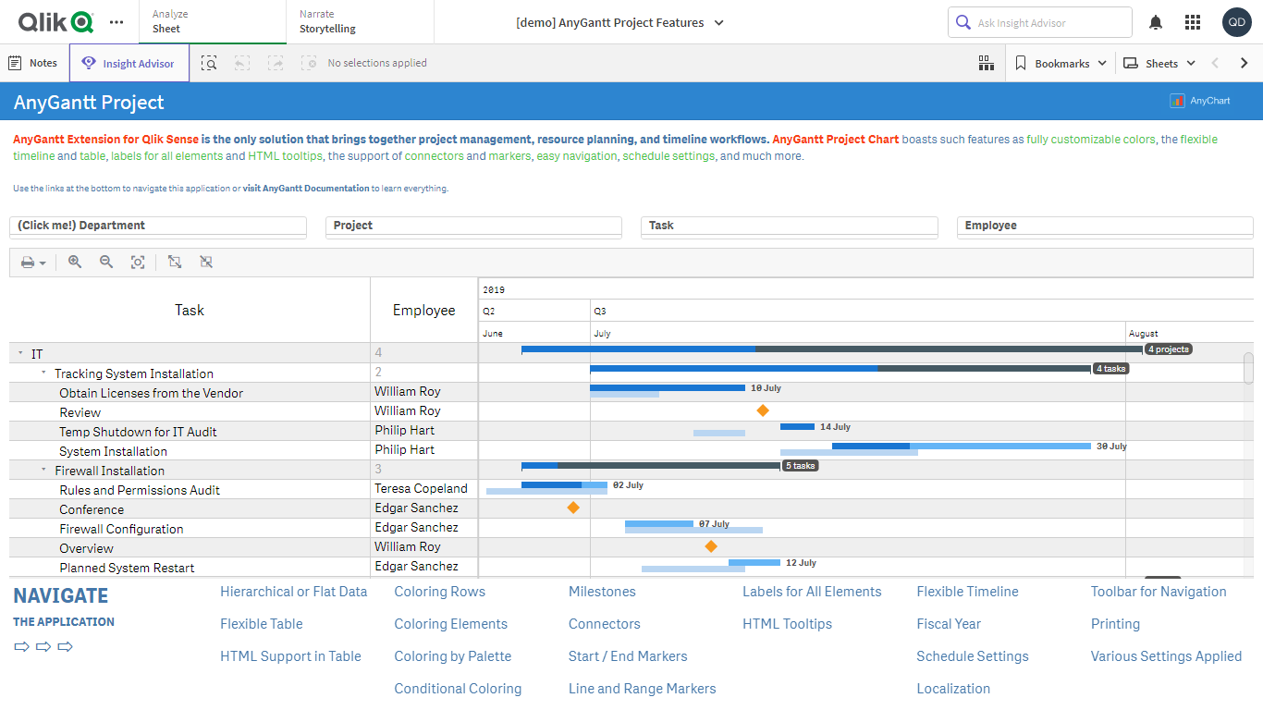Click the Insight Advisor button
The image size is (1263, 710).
pyautogui.click(x=129, y=64)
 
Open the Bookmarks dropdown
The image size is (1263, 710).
pyautogui.click(x=1061, y=64)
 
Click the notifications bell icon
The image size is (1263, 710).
pyautogui.click(x=1156, y=22)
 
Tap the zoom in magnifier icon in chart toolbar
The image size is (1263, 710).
pyautogui.click(x=75, y=263)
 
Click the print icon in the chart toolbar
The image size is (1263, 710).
pyautogui.click(x=28, y=263)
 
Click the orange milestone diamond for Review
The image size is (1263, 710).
pyautogui.click(x=763, y=410)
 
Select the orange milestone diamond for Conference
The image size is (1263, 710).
pyautogui.click(x=573, y=508)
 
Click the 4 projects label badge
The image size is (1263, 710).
pyautogui.click(x=1169, y=349)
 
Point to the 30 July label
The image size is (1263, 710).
pyautogui.click(x=1111, y=447)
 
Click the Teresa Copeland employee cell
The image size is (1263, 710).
pyautogui.click(x=421, y=488)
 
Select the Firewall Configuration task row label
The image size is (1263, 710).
pyautogui.click(x=121, y=529)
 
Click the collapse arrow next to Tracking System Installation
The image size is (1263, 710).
pyautogui.click(x=43, y=373)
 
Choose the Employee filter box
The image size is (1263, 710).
pyautogui.click(x=1104, y=226)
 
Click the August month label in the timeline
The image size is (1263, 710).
pyautogui.click(x=1143, y=334)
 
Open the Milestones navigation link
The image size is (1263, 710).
pyautogui.click(x=602, y=592)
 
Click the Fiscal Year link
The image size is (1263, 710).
pyautogui.click(x=949, y=624)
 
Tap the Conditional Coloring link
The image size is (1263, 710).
pyautogui.click(x=458, y=689)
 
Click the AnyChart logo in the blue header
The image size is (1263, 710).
pyautogui.click(x=1200, y=101)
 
